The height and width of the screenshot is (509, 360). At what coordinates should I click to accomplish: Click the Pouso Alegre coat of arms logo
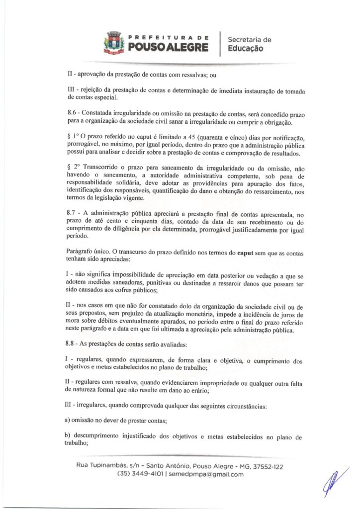click(x=113, y=42)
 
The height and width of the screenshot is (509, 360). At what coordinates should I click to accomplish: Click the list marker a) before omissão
click(x=70, y=420)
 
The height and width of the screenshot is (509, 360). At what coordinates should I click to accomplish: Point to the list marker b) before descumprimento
click(x=70, y=436)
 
